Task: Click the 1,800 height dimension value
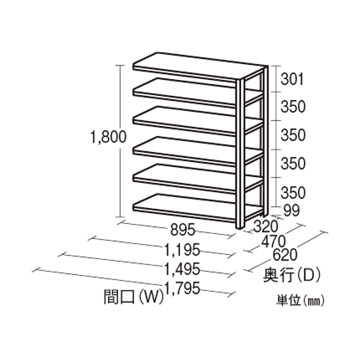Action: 108,138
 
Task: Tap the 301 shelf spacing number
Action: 292,79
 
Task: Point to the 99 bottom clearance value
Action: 292,210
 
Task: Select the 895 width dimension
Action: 182,230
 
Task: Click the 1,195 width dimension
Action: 182,249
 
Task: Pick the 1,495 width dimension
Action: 182,269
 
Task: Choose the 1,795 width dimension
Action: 182,288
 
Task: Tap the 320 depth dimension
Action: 266,226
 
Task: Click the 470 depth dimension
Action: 274,241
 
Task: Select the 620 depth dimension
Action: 285,255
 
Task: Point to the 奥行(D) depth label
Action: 292,276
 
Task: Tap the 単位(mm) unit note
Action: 300,300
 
